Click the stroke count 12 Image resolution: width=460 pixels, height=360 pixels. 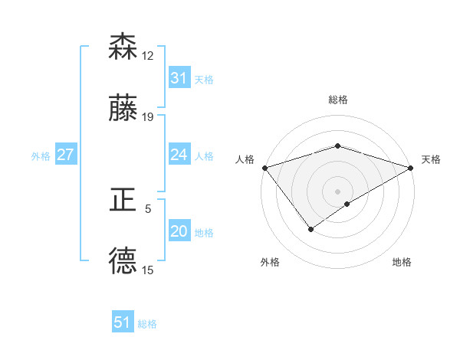[x=148, y=56]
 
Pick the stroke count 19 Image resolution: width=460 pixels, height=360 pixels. [x=148, y=117]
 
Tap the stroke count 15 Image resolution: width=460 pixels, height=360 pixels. [x=148, y=270]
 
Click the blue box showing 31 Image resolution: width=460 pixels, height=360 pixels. [x=179, y=78]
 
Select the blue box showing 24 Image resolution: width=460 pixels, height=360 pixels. [x=179, y=155]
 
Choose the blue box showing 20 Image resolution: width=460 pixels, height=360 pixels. [x=179, y=232]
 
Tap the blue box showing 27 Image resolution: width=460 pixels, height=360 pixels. [x=65, y=155]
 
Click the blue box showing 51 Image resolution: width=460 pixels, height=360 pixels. [x=123, y=322]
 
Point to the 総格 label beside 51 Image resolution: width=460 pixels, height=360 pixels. [x=147, y=324]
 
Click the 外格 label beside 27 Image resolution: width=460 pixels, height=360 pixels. [x=41, y=156]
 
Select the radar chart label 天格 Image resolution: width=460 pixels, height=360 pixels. [x=432, y=159]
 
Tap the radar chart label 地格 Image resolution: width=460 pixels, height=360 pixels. [x=402, y=263]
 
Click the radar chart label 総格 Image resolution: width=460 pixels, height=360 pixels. [x=337, y=100]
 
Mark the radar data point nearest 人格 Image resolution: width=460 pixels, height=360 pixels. [x=264, y=168]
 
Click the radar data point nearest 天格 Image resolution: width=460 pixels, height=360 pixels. [x=411, y=168]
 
